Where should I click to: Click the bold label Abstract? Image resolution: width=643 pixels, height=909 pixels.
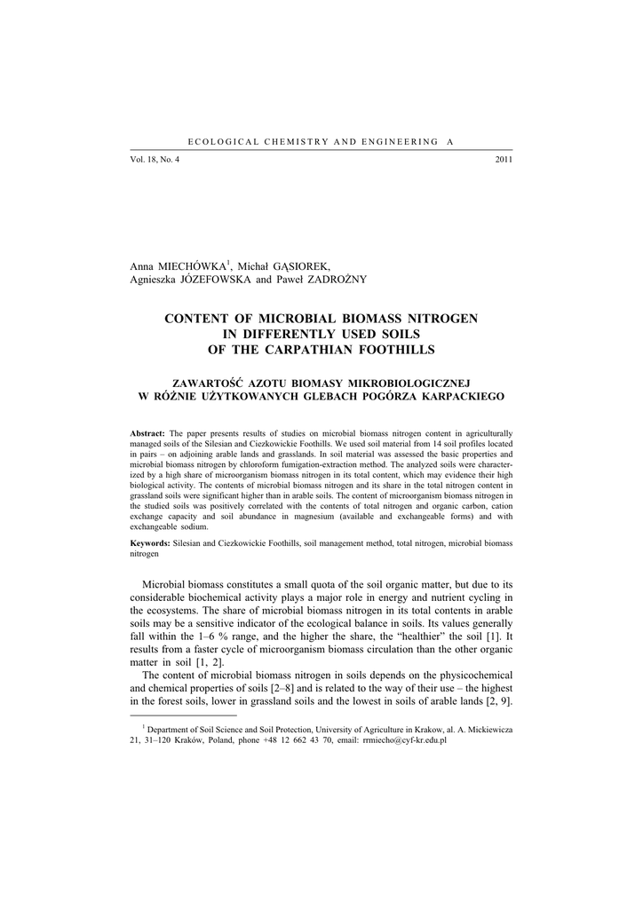click(148, 431)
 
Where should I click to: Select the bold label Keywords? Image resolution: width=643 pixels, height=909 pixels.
click(151, 541)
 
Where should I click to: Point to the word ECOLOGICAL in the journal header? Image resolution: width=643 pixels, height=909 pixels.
click(220, 142)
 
